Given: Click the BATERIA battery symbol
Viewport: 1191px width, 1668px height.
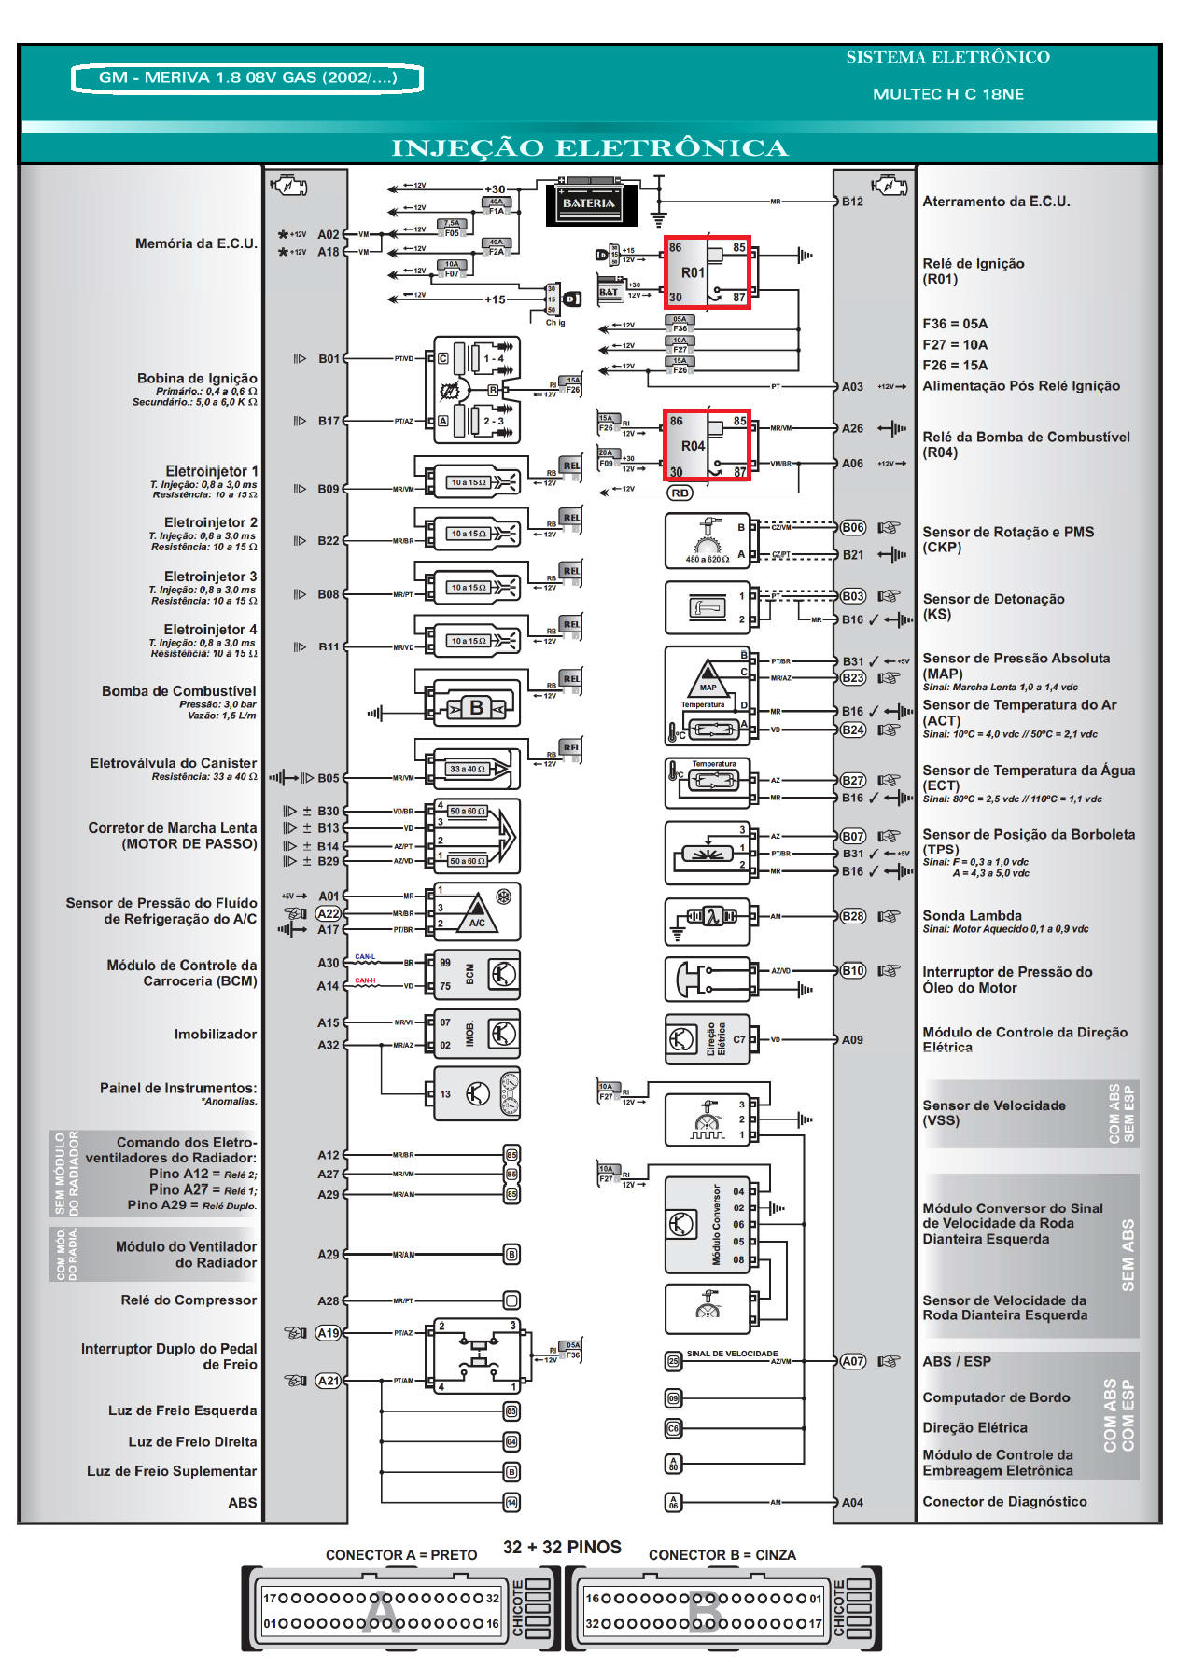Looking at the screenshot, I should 589,203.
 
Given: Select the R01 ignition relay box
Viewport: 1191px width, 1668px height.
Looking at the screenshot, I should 707,272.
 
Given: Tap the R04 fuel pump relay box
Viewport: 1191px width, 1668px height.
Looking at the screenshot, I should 707,446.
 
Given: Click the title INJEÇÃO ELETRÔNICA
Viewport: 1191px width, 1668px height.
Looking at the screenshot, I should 589,148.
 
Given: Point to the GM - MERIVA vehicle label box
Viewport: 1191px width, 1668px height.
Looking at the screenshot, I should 247,78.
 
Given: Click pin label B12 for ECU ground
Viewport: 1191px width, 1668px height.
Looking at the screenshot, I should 852,202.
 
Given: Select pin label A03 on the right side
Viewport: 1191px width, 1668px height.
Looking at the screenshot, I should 852,387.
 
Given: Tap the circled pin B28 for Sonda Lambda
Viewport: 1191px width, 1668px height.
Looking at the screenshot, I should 852,916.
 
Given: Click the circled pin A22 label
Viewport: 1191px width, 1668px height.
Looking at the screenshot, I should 329,913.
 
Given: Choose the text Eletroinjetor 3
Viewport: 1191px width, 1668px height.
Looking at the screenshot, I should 210,577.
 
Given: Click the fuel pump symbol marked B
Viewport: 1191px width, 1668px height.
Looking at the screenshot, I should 476,708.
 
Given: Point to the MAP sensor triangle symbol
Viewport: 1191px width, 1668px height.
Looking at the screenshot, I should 708,674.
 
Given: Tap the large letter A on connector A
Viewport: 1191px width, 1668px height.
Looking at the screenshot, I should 381,1611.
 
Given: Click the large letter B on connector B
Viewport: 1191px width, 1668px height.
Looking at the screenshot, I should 705,1611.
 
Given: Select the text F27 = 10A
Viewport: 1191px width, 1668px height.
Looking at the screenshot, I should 955,345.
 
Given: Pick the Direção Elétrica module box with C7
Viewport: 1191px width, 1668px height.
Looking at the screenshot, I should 707,1039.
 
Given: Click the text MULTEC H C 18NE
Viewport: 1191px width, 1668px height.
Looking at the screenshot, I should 948,94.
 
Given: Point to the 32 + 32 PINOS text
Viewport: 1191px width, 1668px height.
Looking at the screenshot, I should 562,1548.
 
